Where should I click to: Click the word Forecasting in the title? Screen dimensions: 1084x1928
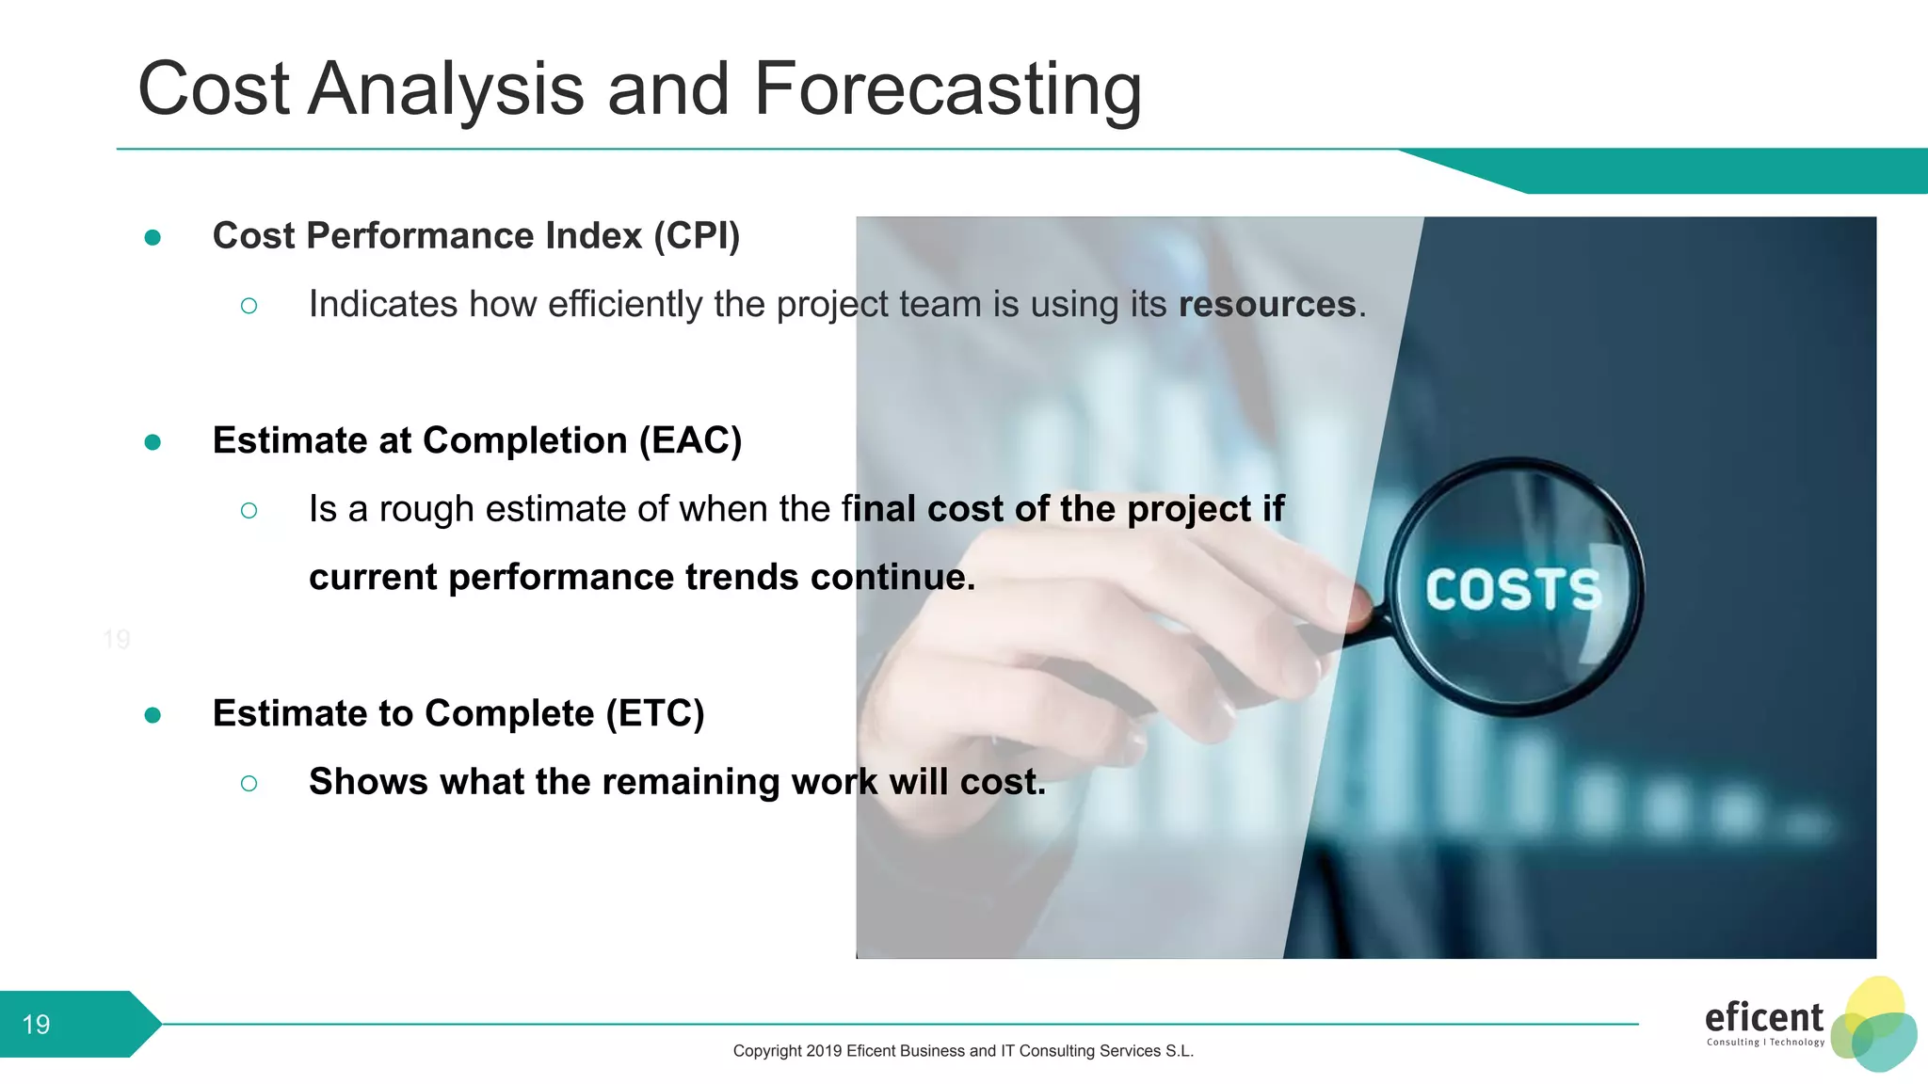[x=947, y=89]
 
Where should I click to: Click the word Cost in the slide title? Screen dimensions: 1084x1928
[x=214, y=89]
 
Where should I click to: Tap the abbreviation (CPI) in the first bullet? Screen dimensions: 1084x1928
[x=697, y=235]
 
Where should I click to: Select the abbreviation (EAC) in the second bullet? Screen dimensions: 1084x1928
[x=690, y=440]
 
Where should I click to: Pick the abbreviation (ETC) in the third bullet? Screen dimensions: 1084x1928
[x=655, y=713]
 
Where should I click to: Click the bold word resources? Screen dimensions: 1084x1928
[x=1267, y=304]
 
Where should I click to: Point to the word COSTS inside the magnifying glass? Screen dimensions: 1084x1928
[x=1513, y=591]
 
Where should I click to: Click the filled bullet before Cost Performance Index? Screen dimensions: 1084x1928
[x=153, y=237]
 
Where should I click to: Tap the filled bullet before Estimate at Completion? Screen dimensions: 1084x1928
[x=153, y=442]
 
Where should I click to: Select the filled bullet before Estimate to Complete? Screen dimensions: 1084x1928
[x=153, y=715]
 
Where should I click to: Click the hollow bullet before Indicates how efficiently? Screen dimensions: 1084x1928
[x=249, y=306]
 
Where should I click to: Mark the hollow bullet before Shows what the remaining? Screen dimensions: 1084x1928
[x=249, y=783]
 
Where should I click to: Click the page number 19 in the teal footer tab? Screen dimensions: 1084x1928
[x=36, y=1024]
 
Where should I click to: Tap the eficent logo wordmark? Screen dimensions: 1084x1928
[x=1763, y=1017]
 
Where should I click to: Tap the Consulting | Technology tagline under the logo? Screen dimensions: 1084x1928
[x=1765, y=1042]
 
